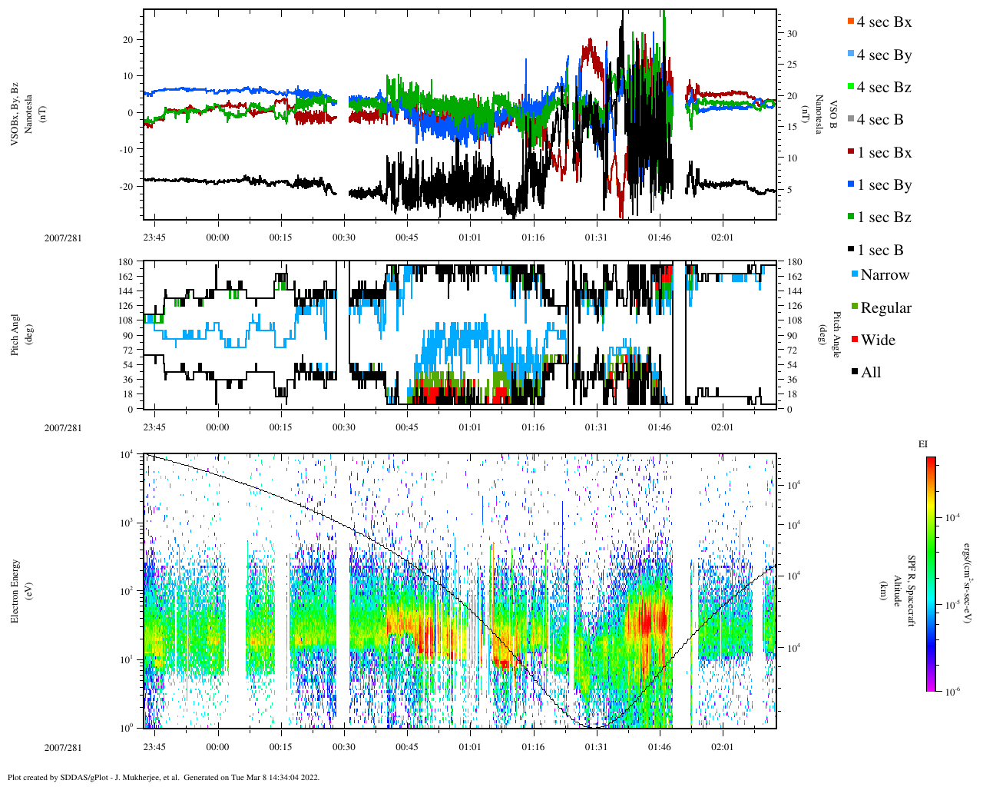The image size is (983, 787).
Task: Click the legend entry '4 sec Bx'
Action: [x=883, y=22]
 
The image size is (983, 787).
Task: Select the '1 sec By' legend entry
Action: [x=883, y=185]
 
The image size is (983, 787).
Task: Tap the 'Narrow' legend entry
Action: [x=884, y=275]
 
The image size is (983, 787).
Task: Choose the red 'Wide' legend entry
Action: [x=877, y=340]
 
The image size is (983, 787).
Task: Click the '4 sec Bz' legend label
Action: [x=883, y=88]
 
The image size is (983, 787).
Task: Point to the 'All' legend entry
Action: [x=870, y=373]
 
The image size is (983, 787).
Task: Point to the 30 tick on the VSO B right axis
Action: [x=791, y=34]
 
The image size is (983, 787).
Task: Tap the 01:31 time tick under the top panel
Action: [x=596, y=237]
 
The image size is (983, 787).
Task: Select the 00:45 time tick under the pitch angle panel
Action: [x=407, y=427]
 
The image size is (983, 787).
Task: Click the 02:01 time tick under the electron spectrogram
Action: [x=722, y=747]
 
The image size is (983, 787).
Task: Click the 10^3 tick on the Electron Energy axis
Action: [x=127, y=523]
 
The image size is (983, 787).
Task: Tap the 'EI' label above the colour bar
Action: [x=923, y=444]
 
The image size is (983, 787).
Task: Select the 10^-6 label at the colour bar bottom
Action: [x=952, y=692]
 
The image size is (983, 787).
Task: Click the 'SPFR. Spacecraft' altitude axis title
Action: [x=912, y=590]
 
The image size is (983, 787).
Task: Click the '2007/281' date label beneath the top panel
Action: [x=63, y=237]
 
